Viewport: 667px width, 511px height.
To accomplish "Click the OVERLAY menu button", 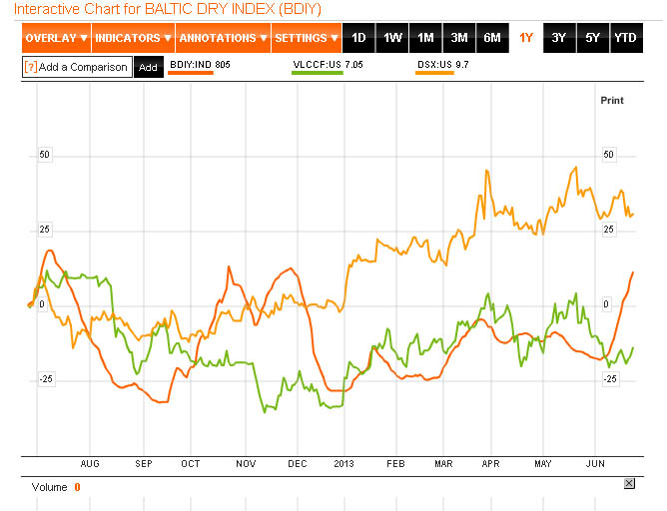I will tap(56, 38).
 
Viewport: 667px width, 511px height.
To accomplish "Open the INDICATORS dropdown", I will tap(132, 38).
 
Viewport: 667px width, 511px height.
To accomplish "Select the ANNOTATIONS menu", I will tap(223, 38).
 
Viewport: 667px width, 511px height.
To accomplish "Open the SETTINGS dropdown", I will tap(307, 38).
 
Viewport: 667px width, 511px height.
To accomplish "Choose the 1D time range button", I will tap(359, 38).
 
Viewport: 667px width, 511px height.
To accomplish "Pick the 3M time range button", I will tap(459, 38).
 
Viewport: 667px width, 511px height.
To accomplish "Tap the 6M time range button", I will tap(492, 38).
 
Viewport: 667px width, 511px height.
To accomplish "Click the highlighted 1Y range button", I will tap(526, 38).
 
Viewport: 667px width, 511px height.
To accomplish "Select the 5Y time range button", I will tap(592, 38).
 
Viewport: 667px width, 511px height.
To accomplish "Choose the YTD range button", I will tap(625, 38).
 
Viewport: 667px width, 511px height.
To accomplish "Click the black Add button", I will tap(148, 68).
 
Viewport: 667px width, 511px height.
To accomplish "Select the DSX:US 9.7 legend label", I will tap(443, 64).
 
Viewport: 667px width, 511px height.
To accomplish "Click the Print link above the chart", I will tap(611, 101).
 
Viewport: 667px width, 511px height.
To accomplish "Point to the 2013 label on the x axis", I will tap(343, 464).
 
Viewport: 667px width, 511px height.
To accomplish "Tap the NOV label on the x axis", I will tap(246, 464).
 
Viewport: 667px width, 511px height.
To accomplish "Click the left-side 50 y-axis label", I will tap(44, 155).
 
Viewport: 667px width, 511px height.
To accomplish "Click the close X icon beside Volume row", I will tap(628, 483).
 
